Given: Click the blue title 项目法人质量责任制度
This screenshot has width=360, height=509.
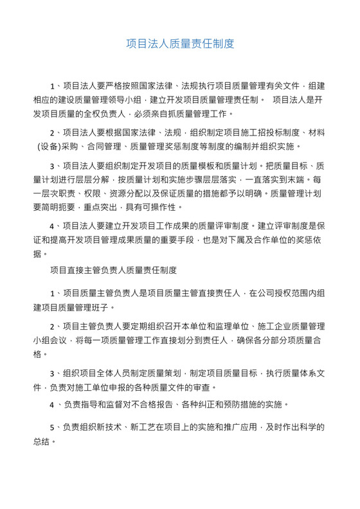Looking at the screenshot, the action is [x=180, y=44].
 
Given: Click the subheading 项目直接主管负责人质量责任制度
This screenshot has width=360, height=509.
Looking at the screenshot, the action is [x=114, y=270].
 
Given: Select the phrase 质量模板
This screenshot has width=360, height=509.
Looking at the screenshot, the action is [x=187, y=166].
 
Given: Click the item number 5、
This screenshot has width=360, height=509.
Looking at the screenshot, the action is [x=55, y=428].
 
